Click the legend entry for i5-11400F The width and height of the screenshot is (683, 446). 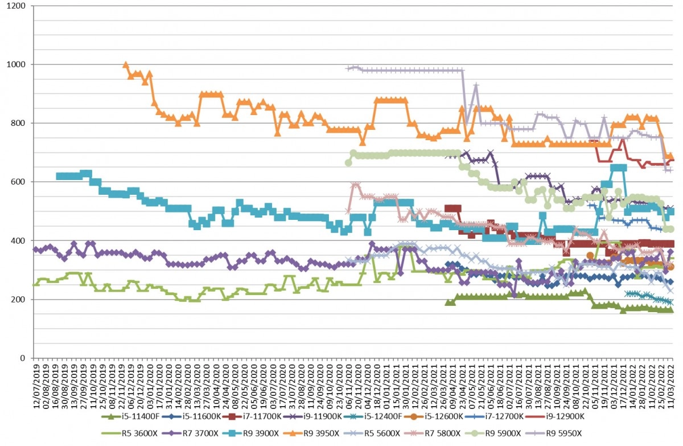coord(130,416)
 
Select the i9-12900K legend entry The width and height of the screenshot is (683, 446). coord(556,416)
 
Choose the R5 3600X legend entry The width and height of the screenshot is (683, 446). coord(129,433)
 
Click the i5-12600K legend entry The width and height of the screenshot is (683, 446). coord(434,416)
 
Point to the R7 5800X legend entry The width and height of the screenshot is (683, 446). coord(433,433)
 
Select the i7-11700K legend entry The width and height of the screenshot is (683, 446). coord(252,416)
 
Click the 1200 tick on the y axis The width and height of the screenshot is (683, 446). coord(15,6)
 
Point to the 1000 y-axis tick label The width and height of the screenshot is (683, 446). coord(15,65)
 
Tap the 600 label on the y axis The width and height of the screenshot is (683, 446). coord(18,182)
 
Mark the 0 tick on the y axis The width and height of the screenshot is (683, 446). coord(23,358)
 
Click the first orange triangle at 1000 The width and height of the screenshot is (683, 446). coord(126,65)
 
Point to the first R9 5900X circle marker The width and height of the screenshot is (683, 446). coord(348,163)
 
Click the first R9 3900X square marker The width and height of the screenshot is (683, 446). coord(59,176)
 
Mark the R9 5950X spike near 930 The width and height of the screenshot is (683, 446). coord(476,85)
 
